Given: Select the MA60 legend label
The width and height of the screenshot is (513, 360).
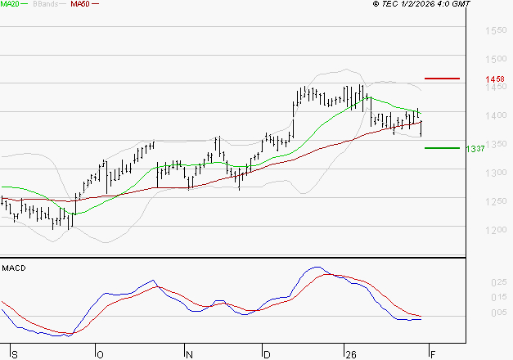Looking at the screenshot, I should pos(80,5).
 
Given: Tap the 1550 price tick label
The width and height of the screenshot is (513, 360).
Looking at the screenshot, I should pos(495,31).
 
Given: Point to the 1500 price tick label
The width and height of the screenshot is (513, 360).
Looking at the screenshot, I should pos(495,60).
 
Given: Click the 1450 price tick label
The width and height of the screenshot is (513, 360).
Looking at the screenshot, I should pos(495,88).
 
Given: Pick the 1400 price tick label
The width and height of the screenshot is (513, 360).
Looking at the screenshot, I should pos(495,116).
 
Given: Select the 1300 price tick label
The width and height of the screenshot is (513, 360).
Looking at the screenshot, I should pos(495,173).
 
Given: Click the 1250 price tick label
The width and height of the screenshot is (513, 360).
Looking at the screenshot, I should pos(495,201).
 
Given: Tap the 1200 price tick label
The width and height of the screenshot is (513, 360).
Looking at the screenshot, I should pos(495,230).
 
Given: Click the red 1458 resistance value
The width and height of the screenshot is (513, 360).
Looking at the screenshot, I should pos(494,79).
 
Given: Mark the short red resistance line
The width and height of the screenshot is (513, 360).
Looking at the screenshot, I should pos(443,79).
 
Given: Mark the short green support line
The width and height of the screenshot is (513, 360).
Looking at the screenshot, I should pos(443,148).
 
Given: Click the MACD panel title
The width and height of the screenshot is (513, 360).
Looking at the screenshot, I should pos(13,268).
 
